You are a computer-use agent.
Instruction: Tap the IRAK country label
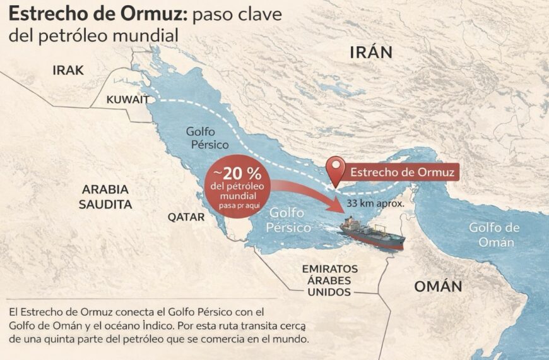(68, 70)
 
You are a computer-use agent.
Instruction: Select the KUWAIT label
(127, 99)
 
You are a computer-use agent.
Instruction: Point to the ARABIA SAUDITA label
(105, 196)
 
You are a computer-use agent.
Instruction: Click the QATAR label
(186, 217)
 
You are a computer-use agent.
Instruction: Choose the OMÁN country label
(438, 286)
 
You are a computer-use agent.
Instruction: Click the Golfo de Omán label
(495, 234)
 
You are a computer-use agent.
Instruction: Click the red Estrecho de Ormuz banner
(401, 171)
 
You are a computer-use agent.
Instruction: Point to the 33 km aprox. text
(375, 204)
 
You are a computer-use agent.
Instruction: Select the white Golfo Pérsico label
(288, 220)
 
